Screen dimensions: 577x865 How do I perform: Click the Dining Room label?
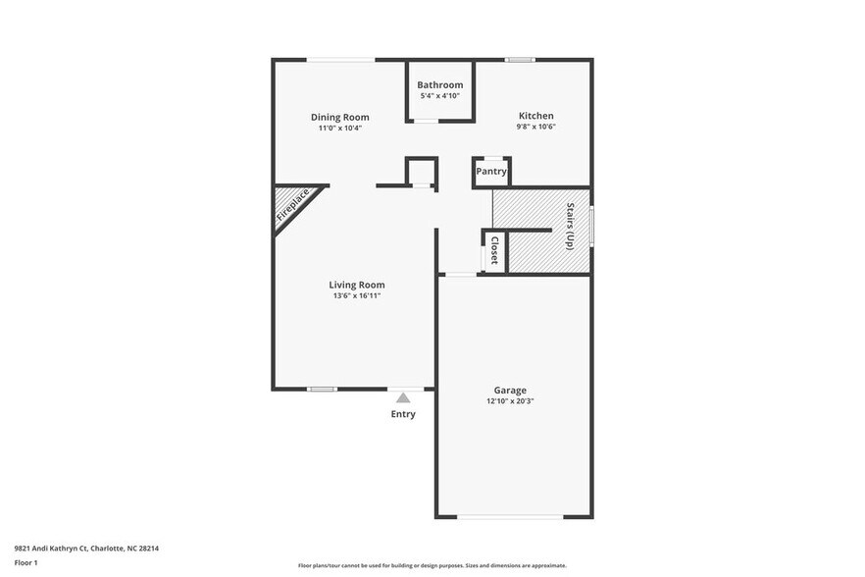[x=339, y=117]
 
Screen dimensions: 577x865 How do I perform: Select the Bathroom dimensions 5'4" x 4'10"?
[x=439, y=96]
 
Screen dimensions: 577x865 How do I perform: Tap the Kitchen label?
[x=535, y=116]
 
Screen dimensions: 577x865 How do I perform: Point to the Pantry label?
[x=491, y=172]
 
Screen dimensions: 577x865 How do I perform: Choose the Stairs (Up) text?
[x=571, y=227]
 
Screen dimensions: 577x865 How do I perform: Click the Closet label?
[x=494, y=250]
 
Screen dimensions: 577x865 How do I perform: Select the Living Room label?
[x=356, y=285]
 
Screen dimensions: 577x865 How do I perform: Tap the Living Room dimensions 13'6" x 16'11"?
[x=355, y=295]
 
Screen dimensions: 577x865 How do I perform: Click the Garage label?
[x=510, y=390]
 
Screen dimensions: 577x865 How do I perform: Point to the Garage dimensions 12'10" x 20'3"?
[x=510, y=401]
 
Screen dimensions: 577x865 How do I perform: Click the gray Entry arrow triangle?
[x=403, y=397]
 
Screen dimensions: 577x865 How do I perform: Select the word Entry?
[x=403, y=414]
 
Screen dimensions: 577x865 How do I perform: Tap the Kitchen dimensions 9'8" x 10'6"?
[x=535, y=128]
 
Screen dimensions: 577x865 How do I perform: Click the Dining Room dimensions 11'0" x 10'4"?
[x=339, y=129]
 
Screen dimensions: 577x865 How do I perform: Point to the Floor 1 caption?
[x=25, y=562]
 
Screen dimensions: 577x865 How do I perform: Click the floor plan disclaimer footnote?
[x=432, y=566]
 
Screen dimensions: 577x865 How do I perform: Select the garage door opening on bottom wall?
[x=510, y=516]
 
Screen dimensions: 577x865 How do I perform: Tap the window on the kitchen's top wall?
[x=520, y=60]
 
